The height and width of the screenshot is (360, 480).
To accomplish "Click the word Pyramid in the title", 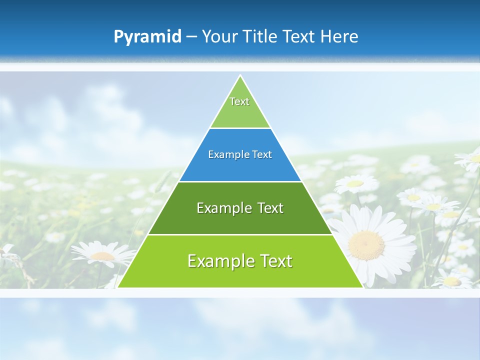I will pos(147,37).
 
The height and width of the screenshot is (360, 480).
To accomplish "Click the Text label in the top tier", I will pos(239,101).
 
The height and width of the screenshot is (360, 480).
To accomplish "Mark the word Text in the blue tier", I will pos(262,154).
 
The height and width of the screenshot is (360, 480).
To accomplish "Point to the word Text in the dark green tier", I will pos(270,208).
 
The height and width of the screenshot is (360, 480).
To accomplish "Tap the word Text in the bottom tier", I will pos(275,261).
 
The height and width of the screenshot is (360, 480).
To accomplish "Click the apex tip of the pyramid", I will pos(240,76).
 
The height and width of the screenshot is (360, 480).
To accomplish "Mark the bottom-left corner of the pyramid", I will pos(118,287).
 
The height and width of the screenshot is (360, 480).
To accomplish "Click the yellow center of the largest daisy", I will pos(366,244).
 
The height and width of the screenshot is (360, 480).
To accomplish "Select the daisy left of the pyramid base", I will pos(102,255).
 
